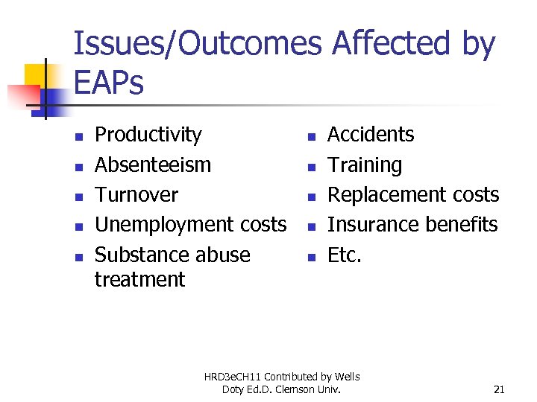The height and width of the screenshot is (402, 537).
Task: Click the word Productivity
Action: point(148,135)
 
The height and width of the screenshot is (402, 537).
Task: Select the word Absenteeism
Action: point(153,165)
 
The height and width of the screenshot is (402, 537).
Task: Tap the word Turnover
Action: point(136,195)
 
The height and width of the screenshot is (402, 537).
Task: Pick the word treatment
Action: point(139,280)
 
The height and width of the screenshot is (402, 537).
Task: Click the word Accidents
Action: point(371,135)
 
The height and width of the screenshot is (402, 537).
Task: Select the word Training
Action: point(365,165)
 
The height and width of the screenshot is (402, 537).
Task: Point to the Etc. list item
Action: point(345,255)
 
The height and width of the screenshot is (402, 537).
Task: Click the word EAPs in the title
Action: point(108,83)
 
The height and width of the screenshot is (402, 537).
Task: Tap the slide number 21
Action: point(499,389)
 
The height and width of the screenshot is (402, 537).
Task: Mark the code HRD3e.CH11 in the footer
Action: point(234,377)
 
